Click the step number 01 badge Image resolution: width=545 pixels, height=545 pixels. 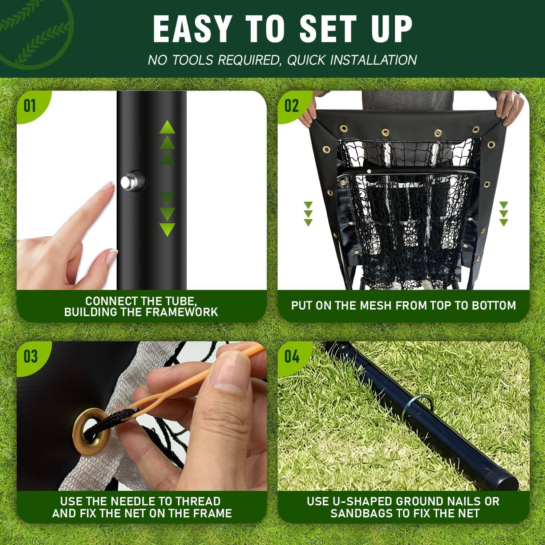[x=30, y=106]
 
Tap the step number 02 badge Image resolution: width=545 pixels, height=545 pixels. [x=291, y=106]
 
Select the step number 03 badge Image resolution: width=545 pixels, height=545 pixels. [x=31, y=356]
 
